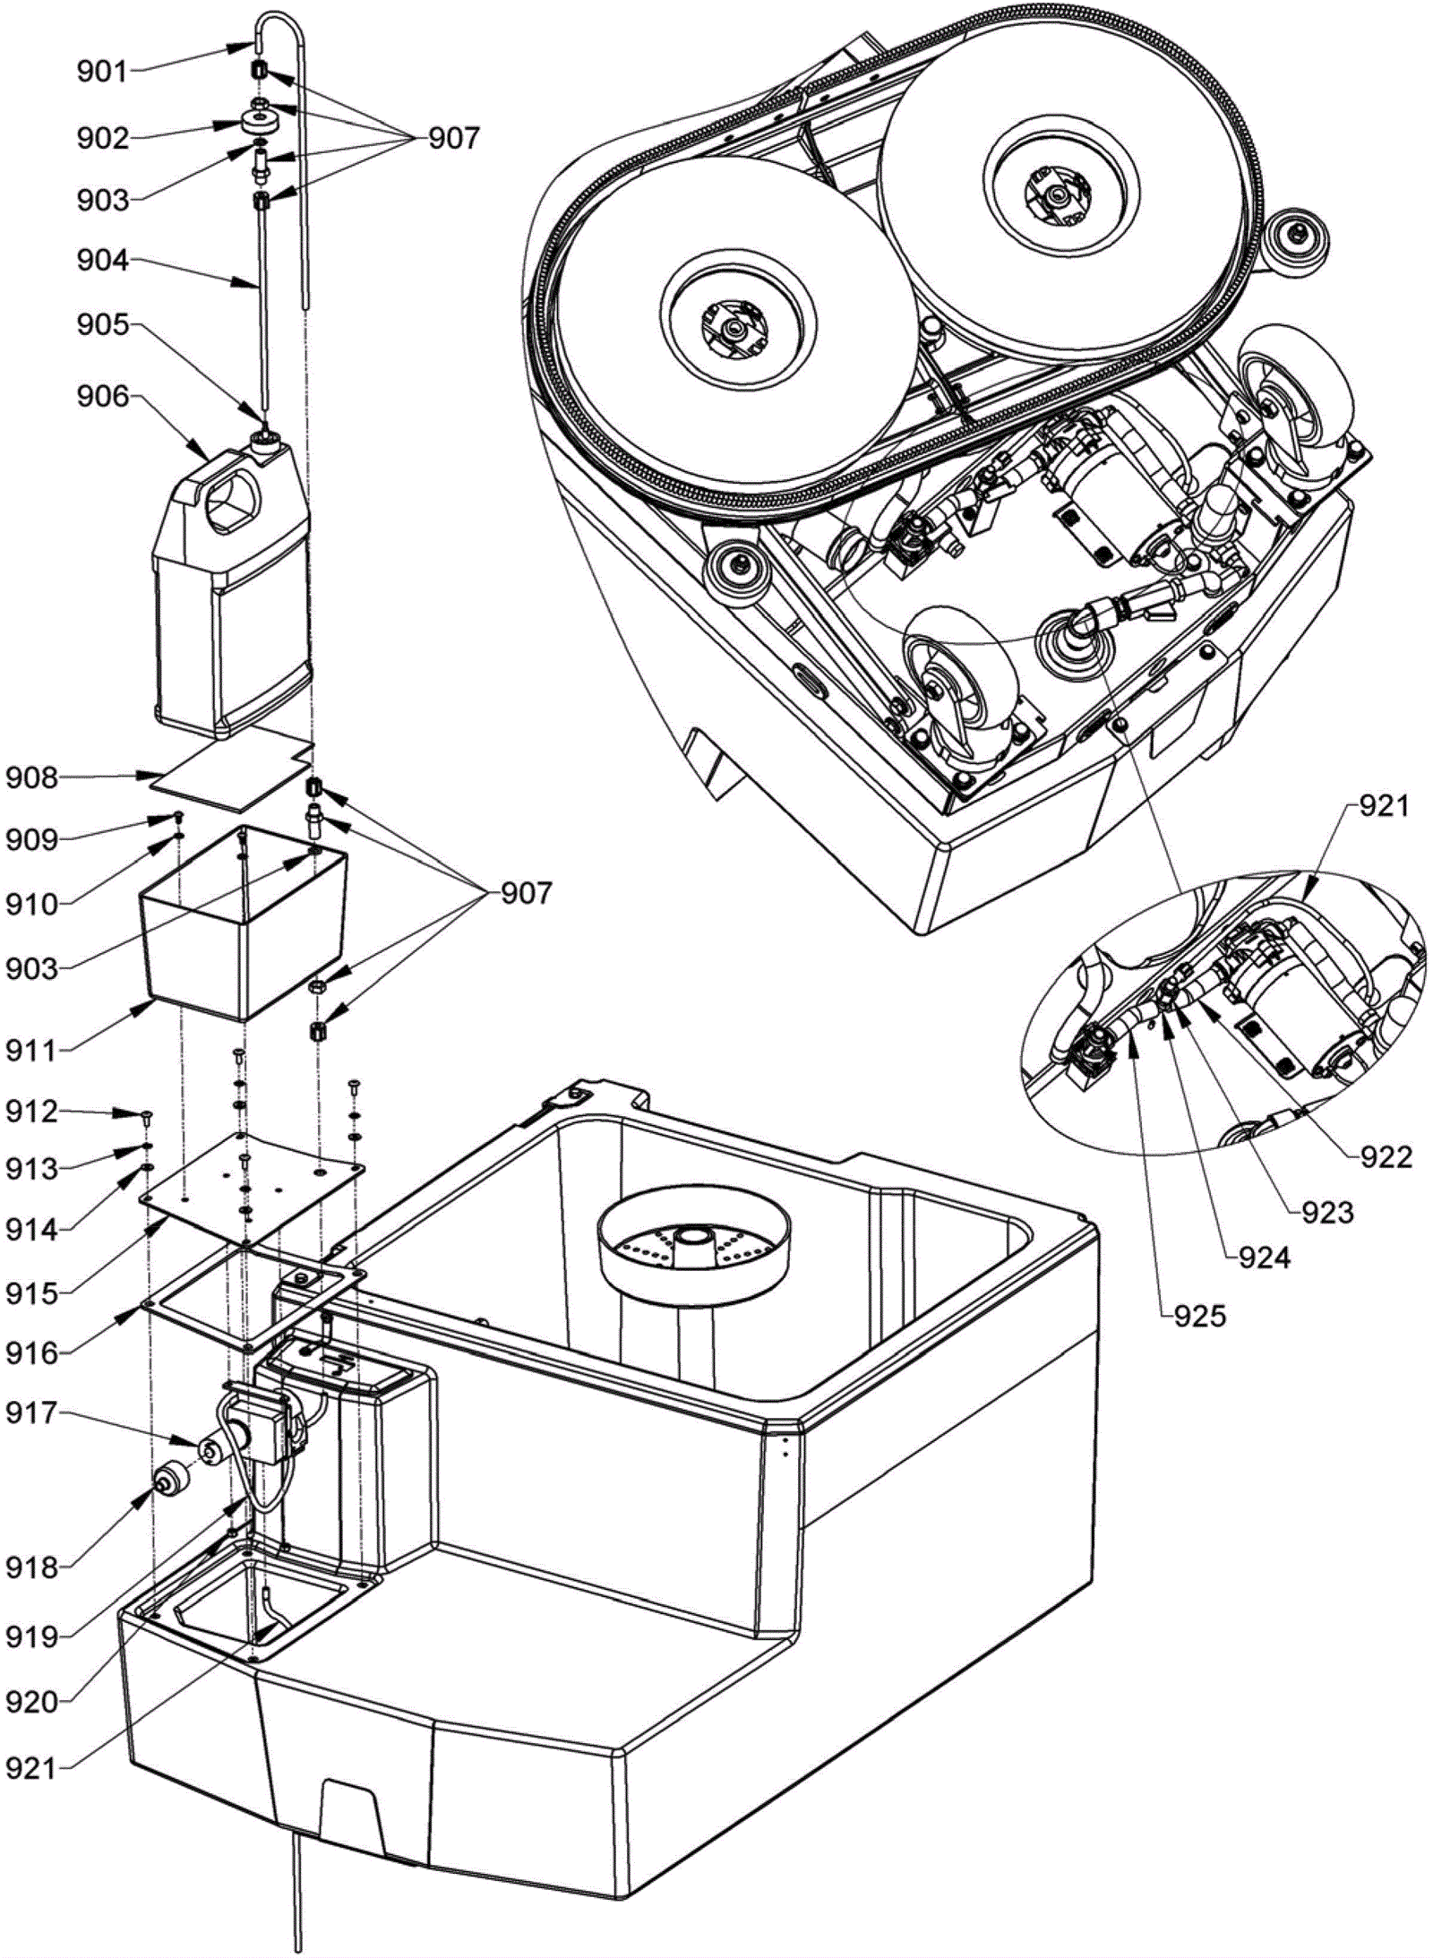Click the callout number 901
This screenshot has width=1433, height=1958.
(103, 72)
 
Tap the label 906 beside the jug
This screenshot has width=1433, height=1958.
(103, 396)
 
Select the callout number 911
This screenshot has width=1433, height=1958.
(32, 1049)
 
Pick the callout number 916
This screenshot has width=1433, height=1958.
(32, 1353)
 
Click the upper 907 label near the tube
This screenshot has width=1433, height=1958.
(453, 138)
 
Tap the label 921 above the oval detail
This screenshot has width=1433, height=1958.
(1384, 806)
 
